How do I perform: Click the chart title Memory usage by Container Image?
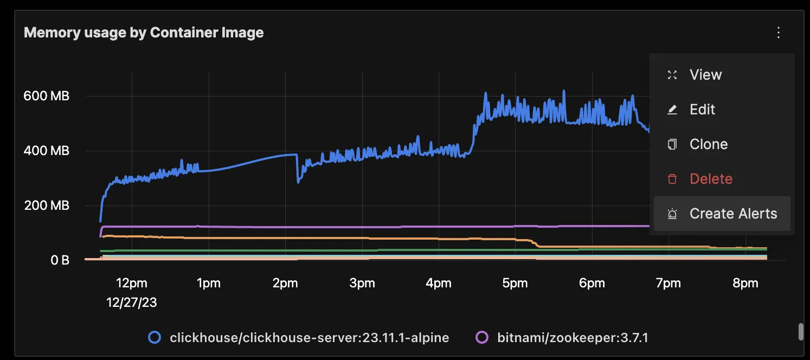coord(144,33)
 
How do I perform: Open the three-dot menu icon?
coord(779,33)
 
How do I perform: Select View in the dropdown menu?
coord(705,75)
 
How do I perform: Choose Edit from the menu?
coord(702,110)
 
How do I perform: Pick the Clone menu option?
coord(708,144)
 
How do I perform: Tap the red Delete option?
coord(711,179)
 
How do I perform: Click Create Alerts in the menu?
coord(733,214)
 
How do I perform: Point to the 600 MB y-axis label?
coord(46,97)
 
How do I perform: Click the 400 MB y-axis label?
coord(46,151)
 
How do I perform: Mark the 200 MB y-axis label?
coord(46,205)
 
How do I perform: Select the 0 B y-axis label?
coord(60,260)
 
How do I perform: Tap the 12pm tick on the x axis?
coord(132,283)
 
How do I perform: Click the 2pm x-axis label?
coord(285,283)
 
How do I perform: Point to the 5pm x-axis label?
coord(515,283)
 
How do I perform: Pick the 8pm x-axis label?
coord(745,283)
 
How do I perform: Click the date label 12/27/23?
coord(132,303)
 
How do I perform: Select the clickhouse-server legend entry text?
coord(309,338)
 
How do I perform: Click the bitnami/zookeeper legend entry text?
coord(573,338)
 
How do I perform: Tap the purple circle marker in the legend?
coord(482,338)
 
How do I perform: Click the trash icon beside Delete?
coord(672,179)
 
